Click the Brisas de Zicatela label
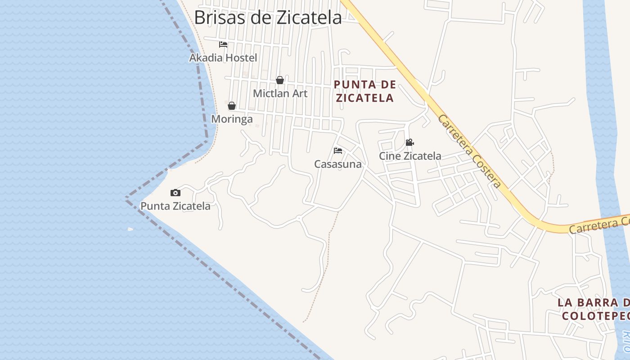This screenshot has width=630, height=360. point(268,18)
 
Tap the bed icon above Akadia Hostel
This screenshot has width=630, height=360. point(223,45)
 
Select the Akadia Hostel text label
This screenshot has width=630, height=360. point(223,58)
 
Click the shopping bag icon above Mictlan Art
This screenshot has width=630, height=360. point(280,80)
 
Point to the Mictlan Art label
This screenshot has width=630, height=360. point(280,94)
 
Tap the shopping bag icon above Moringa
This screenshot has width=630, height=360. point(232,106)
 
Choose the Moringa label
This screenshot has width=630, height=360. point(232,119)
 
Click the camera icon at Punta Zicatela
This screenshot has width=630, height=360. point(175,193)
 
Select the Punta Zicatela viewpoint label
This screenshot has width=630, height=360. point(175,206)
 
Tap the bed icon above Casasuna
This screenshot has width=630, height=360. point(338,151)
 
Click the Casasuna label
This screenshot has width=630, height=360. point(338,164)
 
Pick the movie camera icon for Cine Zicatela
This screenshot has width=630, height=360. point(409,143)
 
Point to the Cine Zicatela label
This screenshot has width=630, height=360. point(410,156)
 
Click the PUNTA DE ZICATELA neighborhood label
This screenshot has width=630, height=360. point(365,91)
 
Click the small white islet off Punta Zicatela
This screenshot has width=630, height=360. point(130,229)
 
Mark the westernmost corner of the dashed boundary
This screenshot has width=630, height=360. point(126,198)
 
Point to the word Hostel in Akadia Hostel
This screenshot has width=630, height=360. point(241,58)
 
